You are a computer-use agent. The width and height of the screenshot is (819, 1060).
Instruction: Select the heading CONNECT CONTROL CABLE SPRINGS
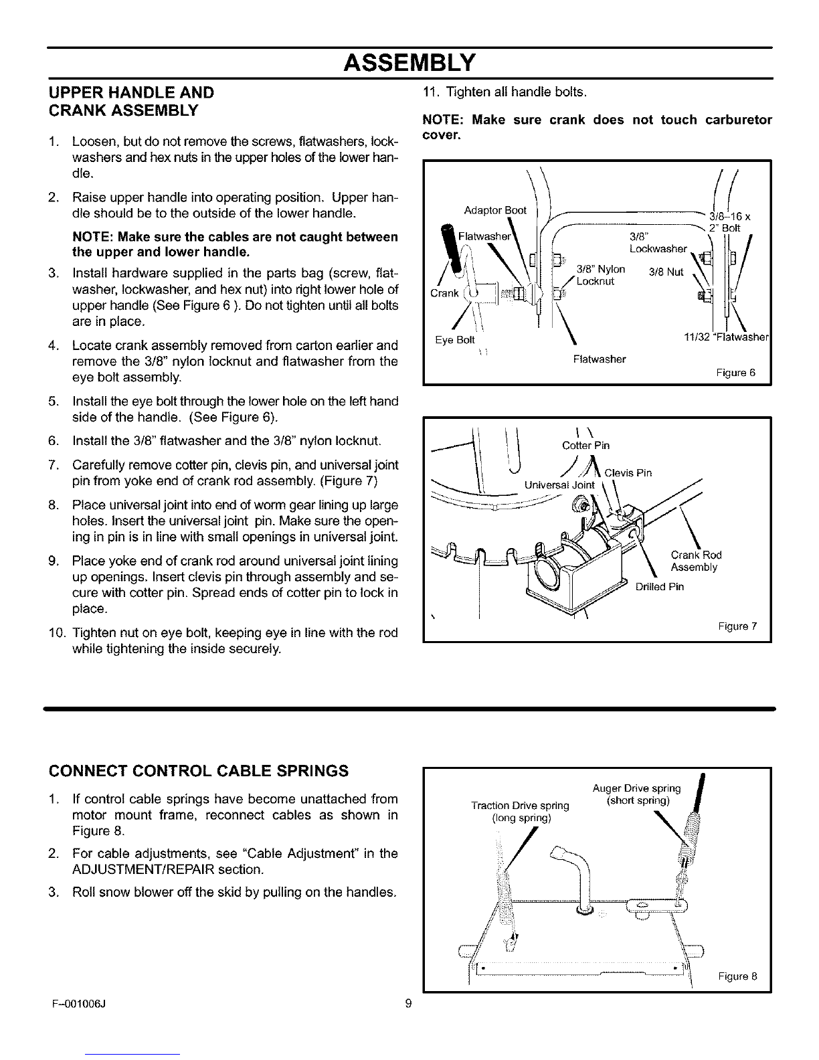click(199, 771)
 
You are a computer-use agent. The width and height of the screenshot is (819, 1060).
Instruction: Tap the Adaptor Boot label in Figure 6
click(495, 211)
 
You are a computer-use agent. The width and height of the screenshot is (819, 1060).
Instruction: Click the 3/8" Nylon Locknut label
click(600, 274)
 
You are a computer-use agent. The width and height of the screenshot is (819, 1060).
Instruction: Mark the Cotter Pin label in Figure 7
click(585, 446)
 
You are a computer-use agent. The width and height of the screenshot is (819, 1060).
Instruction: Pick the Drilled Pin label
click(659, 587)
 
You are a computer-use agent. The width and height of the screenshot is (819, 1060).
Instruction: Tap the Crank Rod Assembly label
click(695, 561)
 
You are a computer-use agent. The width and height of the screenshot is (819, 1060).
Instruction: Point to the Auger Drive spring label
click(636, 794)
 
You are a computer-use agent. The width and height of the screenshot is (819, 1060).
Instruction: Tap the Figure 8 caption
click(737, 976)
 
